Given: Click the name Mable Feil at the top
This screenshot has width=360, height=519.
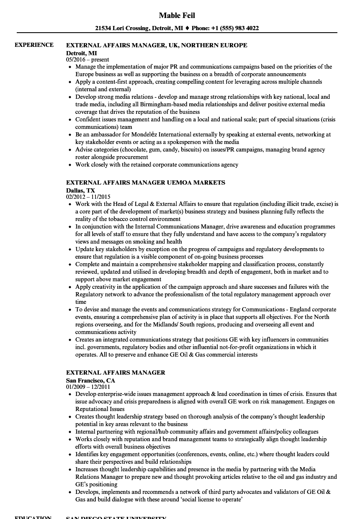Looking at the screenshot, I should click(x=177, y=15).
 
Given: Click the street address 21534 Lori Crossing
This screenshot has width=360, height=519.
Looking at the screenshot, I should click(x=121, y=28).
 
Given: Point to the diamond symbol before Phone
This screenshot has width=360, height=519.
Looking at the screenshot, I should click(x=187, y=28).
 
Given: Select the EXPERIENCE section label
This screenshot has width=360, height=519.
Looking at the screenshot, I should click(x=34, y=45).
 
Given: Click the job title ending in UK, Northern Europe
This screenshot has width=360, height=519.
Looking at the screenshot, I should click(x=157, y=45).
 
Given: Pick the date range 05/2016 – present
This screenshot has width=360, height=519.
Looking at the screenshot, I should click(x=87, y=60).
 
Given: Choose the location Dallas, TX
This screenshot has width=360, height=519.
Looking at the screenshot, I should click(x=80, y=190).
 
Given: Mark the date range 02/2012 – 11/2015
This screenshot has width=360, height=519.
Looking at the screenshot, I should click(x=88, y=196).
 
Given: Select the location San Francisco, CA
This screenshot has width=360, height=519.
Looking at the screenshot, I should click(x=90, y=380).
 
